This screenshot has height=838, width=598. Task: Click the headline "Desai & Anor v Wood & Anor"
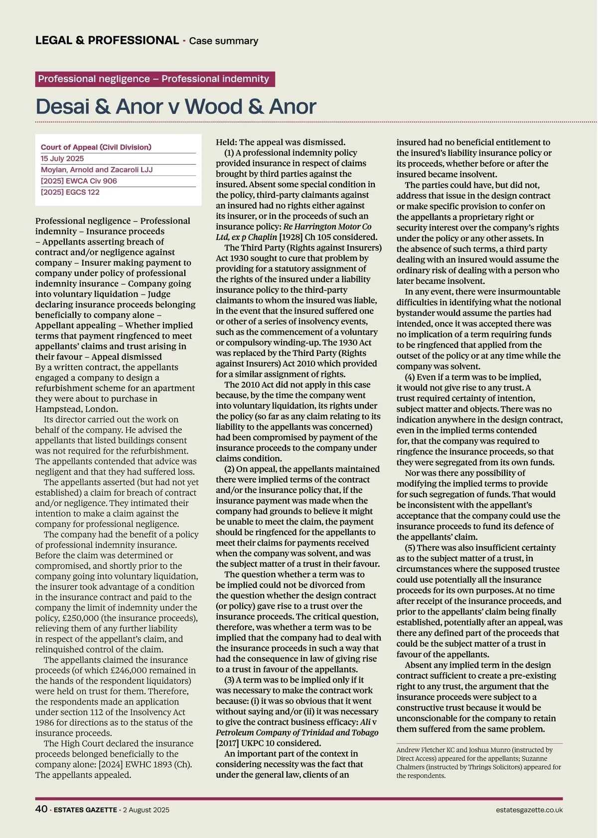(176, 107)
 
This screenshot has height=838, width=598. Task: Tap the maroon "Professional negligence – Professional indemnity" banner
(154, 79)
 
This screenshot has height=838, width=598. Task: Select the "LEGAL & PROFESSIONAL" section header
(107, 40)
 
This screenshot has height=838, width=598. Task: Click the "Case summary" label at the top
(224, 41)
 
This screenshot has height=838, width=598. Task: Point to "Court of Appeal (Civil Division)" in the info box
(96, 147)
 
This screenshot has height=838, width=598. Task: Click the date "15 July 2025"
(62, 159)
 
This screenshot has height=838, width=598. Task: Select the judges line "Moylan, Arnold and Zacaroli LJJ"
(97, 170)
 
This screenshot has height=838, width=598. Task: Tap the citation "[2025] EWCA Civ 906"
(79, 181)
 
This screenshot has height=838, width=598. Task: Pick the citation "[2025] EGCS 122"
(70, 192)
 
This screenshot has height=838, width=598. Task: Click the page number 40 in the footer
(41, 809)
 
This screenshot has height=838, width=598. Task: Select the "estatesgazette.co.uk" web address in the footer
(529, 810)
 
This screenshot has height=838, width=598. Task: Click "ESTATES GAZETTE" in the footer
(85, 810)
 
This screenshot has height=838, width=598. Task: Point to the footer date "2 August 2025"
(146, 810)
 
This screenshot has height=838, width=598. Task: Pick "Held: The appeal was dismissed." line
(281, 142)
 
